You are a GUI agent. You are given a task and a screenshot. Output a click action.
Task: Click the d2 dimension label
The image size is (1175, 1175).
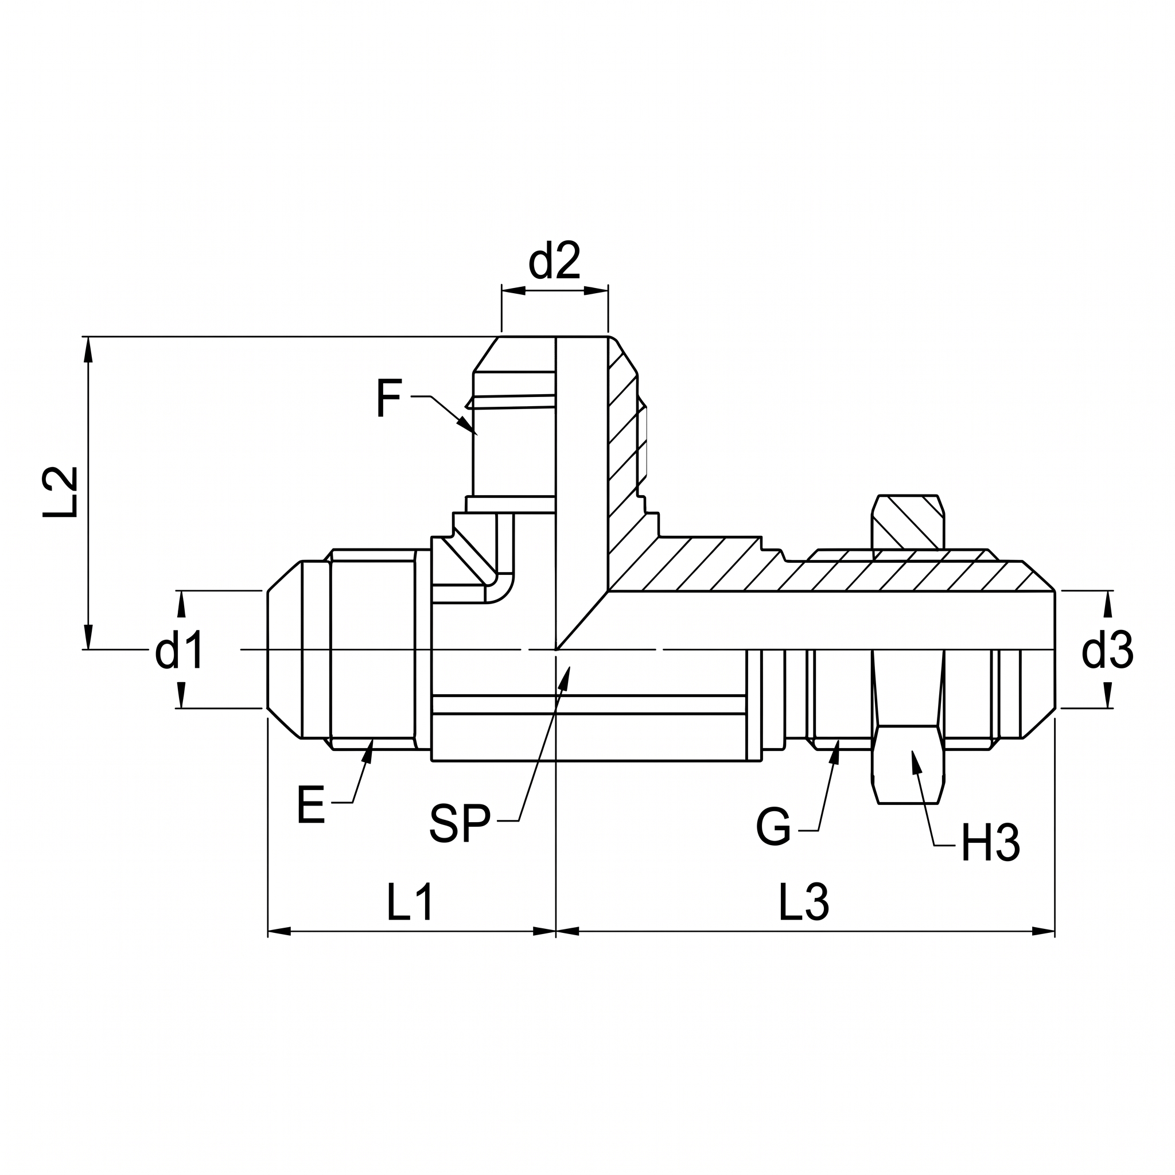tap(554, 261)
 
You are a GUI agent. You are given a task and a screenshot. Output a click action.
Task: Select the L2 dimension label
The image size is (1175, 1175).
tap(60, 492)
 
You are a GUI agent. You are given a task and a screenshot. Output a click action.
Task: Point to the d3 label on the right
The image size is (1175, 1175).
tap(1107, 650)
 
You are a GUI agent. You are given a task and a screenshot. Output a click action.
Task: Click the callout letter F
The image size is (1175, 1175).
tap(388, 398)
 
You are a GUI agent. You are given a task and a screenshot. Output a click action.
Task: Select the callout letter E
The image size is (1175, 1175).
tap(312, 804)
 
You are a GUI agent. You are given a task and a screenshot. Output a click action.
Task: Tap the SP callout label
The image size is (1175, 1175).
tap(460, 823)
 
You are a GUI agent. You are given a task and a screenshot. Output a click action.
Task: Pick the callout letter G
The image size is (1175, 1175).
tap(773, 827)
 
